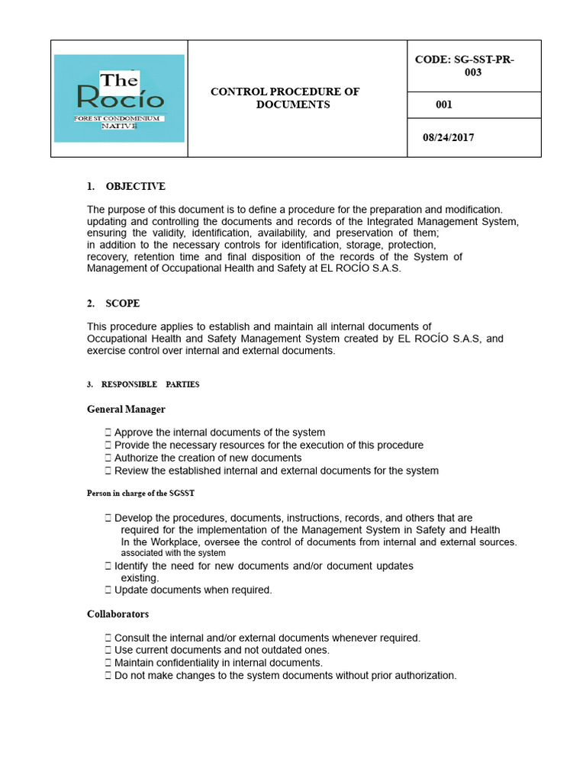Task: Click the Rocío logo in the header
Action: pos(119,98)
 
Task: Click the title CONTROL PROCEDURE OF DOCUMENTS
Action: pos(285,98)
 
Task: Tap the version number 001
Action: pos(444,105)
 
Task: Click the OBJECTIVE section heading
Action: pos(136,187)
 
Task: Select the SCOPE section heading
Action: pos(123,304)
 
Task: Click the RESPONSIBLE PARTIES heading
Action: pos(150,384)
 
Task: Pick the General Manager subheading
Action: pos(126,410)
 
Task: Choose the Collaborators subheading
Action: pos(118,614)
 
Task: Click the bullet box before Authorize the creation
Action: pos(108,458)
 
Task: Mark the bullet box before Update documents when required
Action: pos(108,590)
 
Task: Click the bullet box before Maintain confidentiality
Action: pos(108,663)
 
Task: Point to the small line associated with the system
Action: pos(173,553)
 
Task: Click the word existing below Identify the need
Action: pos(140,578)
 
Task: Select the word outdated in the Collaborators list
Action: pos(281,651)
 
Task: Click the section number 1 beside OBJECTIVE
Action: pos(90,187)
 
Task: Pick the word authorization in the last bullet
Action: pos(424,676)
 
